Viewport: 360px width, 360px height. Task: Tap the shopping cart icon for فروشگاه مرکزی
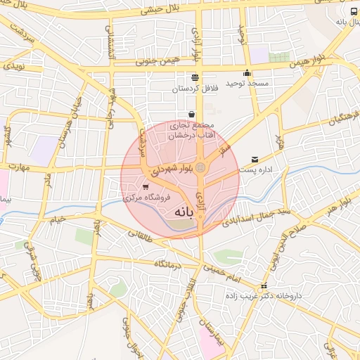(x=146, y=187)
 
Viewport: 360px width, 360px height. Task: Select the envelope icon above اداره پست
(x=255, y=160)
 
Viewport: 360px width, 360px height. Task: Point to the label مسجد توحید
(x=247, y=84)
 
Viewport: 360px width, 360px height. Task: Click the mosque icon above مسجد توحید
(x=247, y=73)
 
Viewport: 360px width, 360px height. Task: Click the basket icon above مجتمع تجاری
(x=191, y=114)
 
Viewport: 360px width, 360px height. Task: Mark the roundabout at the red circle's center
(x=200, y=167)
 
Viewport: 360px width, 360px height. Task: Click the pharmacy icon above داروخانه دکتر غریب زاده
(x=264, y=285)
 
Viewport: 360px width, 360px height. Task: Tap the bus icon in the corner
(x=353, y=12)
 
